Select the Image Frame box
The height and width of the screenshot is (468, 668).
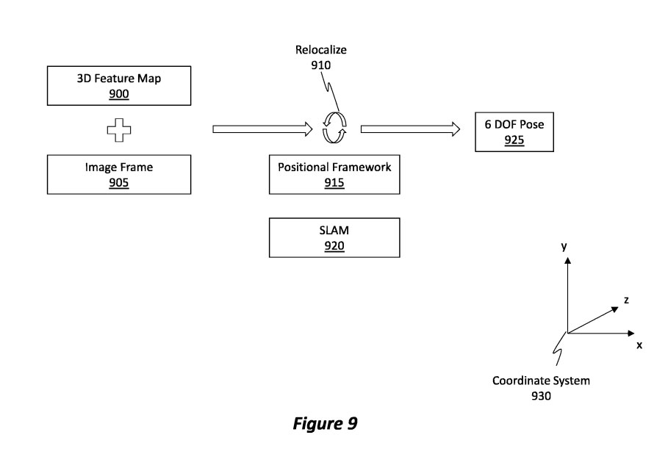click(x=118, y=174)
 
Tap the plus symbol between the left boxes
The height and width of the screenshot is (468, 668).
click(x=118, y=130)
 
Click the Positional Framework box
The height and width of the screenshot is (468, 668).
click(x=334, y=174)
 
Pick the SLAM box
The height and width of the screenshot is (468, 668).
click(x=334, y=237)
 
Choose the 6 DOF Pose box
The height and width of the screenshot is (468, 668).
click(x=514, y=132)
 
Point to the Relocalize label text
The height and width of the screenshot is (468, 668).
click(x=320, y=51)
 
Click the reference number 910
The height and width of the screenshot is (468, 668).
click(x=320, y=65)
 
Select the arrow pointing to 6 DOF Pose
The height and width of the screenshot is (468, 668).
click(x=410, y=129)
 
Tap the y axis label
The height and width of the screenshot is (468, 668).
click(x=564, y=248)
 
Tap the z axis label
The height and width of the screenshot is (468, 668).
click(x=625, y=300)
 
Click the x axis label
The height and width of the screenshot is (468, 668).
click(x=639, y=345)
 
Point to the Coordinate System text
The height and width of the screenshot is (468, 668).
click(x=541, y=381)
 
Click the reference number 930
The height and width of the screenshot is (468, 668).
click(x=541, y=396)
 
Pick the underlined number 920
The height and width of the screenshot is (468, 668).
click(x=334, y=245)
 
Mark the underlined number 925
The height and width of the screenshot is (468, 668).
click(x=514, y=140)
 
